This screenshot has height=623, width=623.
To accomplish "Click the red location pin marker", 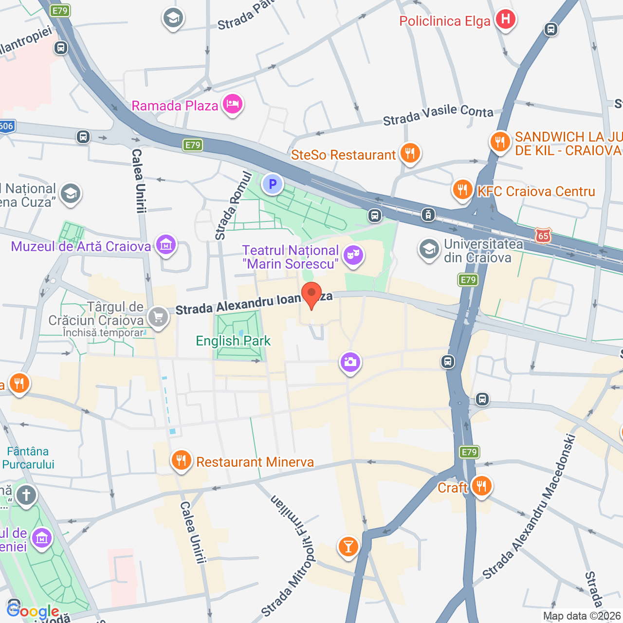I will (311, 294).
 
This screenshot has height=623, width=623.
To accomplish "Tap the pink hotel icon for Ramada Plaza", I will (233, 104).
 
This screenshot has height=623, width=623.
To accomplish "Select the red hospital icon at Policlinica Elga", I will (505, 19).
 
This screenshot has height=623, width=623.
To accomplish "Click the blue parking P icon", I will (273, 184).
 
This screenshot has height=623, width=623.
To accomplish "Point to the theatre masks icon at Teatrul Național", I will (353, 256).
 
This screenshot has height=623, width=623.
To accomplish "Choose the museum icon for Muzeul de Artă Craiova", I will (166, 245).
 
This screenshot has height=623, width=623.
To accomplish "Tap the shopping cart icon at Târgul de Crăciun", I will (158, 317).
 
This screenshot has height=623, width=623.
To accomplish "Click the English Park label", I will (233, 341).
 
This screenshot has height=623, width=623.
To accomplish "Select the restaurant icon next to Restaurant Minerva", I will (181, 460).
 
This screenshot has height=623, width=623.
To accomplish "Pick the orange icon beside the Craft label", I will (481, 486).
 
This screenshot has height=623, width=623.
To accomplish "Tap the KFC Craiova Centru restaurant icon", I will (462, 189).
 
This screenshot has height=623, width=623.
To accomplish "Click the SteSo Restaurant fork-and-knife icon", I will (410, 154).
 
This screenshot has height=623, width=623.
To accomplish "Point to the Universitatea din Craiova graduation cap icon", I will (429, 249).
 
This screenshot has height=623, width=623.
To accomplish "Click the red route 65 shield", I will (543, 236).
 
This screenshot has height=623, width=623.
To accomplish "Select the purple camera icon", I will (350, 362).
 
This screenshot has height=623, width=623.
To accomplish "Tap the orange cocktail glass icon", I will (348, 546).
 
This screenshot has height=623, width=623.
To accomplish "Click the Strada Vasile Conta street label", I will (438, 115).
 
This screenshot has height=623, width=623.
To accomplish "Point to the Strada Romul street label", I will (234, 206).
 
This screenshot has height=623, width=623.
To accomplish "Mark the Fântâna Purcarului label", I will (28, 458).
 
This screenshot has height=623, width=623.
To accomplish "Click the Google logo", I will (33, 611).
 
